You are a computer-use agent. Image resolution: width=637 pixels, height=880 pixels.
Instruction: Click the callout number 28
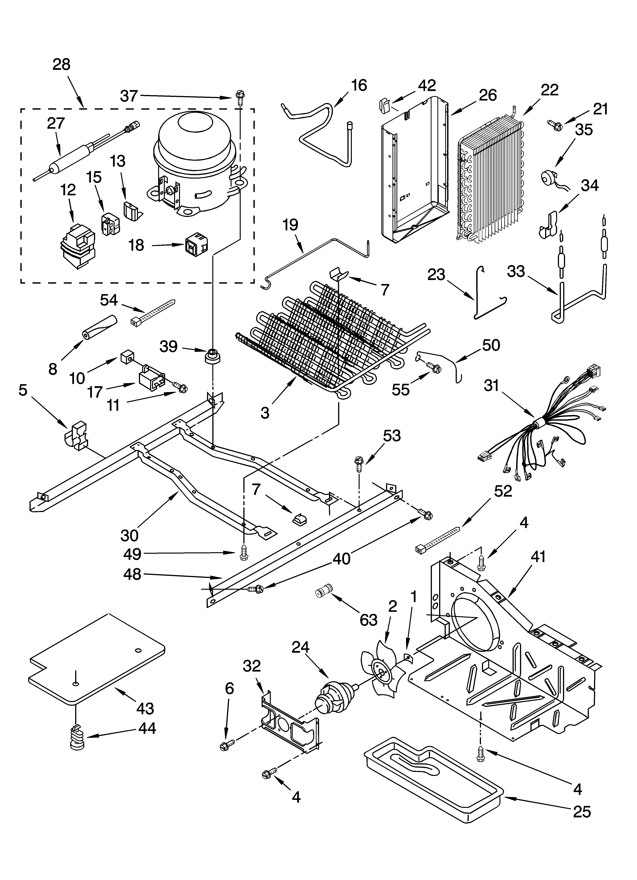(x=61, y=64)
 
